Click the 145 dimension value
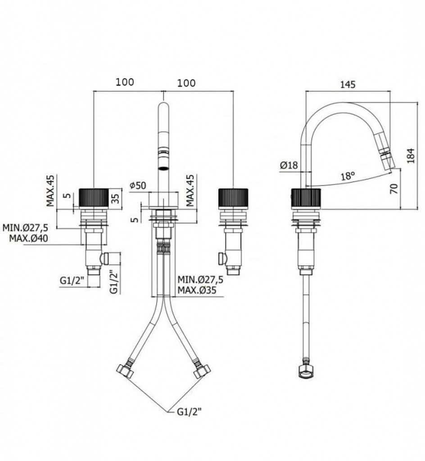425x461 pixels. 348,84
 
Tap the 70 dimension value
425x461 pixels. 394,188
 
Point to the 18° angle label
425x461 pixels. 348,176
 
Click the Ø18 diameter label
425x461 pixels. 289,165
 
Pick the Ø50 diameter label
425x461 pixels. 138,185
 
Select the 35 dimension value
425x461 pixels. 116,199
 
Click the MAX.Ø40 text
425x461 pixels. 28,238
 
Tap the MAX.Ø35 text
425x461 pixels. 197,290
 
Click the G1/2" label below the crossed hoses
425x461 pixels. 189,411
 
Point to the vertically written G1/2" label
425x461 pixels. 114,282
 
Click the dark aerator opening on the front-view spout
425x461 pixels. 164,168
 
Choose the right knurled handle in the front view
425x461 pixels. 233,198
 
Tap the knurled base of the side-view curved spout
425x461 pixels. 306,198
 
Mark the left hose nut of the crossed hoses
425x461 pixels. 126,371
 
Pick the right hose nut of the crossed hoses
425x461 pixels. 202,371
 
